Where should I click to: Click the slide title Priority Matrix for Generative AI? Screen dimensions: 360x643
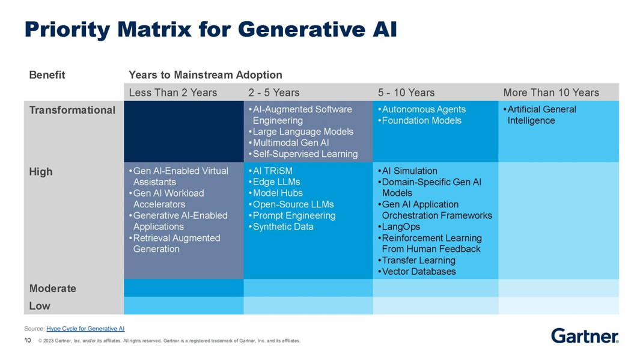pos(210,29)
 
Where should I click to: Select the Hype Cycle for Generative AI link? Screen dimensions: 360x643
pos(85,329)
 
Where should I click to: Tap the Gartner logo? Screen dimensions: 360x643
pos(585,335)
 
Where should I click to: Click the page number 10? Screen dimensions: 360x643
pos(28,341)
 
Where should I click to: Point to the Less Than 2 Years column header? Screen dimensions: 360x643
pos(173,93)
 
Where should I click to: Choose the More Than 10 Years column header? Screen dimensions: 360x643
pos(551,93)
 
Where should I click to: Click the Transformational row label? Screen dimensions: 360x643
pos(72,110)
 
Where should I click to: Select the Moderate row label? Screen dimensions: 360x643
pos(53,288)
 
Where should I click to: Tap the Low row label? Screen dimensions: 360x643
pos(40,306)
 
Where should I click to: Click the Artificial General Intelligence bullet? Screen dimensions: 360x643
pos(541,115)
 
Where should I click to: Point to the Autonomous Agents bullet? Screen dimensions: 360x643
pos(424,109)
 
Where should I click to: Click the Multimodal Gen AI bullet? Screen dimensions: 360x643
pos(291,143)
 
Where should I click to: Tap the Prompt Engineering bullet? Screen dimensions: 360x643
pos(294,216)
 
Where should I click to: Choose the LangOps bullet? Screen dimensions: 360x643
pos(401,227)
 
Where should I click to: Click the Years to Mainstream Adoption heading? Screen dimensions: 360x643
pos(206,75)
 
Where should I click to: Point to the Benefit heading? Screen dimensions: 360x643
pos(47,75)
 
